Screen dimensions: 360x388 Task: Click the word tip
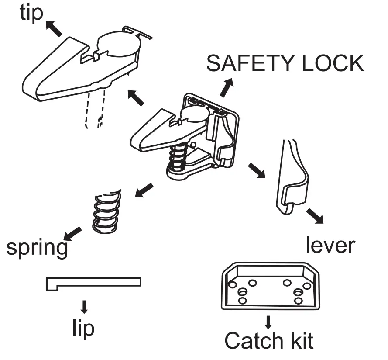(x=32, y=13)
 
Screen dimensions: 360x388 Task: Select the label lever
(x=330, y=245)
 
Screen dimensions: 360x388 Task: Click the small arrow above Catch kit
(x=268, y=322)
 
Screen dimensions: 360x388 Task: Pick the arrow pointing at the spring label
(x=73, y=233)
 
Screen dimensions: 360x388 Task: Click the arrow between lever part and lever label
(x=314, y=215)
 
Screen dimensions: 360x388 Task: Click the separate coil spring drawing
(x=106, y=211)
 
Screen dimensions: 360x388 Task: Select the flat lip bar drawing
(x=94, y=282)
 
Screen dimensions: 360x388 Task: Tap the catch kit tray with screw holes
(x=270, y=287)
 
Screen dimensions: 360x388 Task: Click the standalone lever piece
(x=291, y=179)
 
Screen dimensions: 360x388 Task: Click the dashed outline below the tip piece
(x=96, y=109)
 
